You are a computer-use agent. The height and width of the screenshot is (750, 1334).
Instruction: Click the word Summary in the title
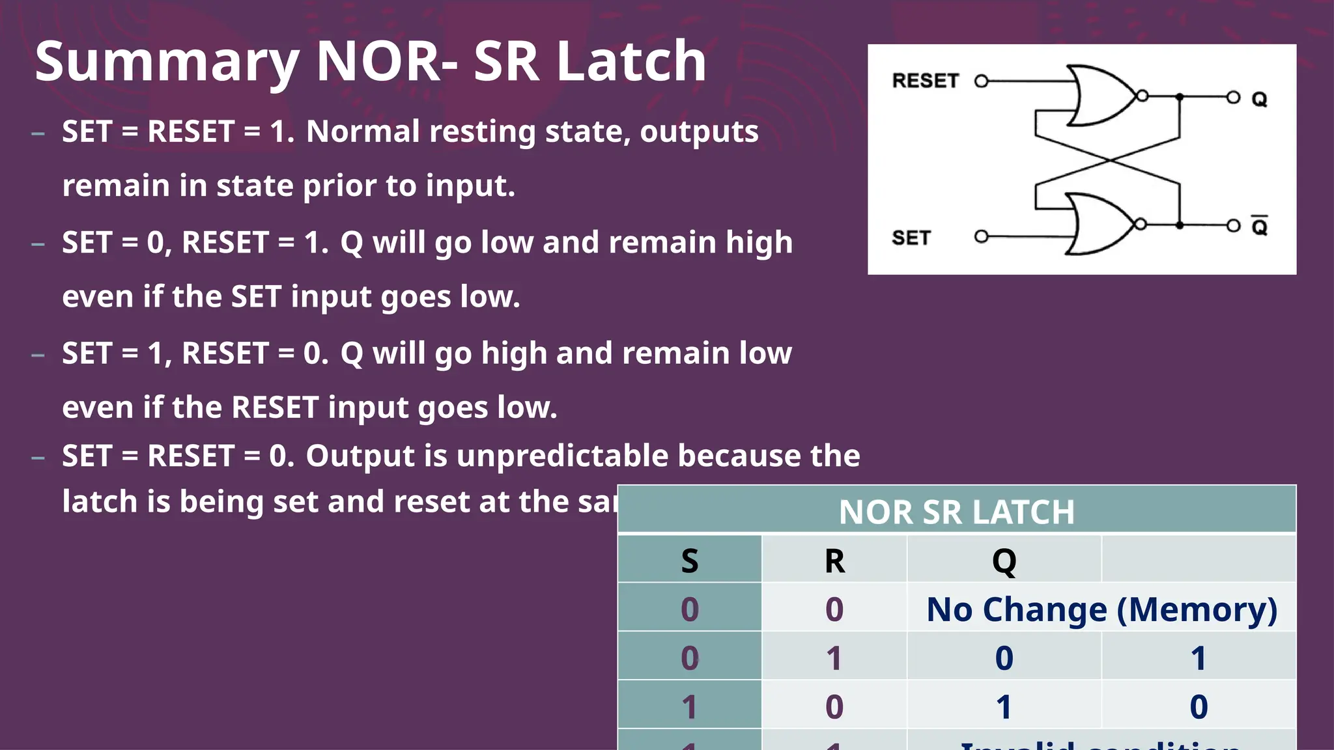(x=166, y=62)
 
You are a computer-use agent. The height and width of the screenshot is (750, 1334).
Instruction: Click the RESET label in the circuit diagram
(x=925, y=81)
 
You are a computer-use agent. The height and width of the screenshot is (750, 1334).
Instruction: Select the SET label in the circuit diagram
(x=911, y=238)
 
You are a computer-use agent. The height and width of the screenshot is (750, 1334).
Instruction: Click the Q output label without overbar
(x=1259, y=99)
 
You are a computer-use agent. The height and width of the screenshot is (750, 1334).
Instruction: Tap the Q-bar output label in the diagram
(x=1259, y=226)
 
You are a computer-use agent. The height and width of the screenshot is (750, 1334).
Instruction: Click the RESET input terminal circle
(x=981, y=81)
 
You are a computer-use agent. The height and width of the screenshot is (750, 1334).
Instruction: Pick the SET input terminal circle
(x=981, y=236)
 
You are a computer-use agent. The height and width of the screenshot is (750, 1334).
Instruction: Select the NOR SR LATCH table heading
(x=956, y=512)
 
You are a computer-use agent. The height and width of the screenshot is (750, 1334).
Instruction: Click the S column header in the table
(x=689, y=561)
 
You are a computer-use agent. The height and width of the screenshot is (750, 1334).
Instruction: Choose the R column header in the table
(x=834, y=561)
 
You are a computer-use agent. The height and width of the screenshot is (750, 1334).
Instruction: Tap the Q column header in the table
(x=1004, y=561)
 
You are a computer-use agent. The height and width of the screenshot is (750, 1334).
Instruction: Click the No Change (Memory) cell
(x=1101, y=609)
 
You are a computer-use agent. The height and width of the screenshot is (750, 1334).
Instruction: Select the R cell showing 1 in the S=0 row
(x=834, y=658)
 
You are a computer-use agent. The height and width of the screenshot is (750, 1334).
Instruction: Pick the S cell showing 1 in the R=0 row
(x=689, y=707)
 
